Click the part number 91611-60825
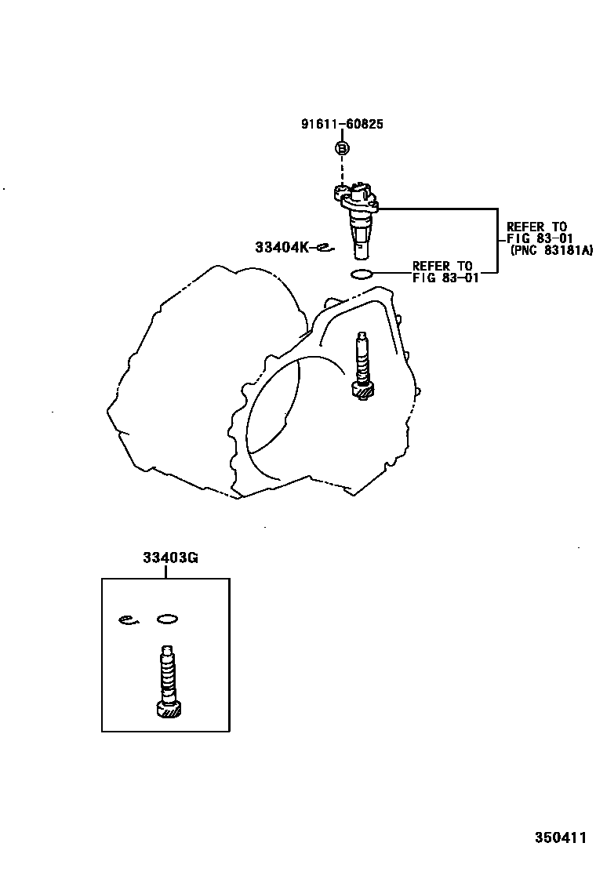[343, 125]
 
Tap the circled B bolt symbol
[343, 148]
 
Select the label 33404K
[282, 247]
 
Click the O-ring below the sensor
[361, 274]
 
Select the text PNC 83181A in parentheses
[551, 250]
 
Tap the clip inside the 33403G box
[129, 619]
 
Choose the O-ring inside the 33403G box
[167, 619]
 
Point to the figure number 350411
[561, 837]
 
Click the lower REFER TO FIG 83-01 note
[443, 271]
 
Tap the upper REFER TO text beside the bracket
[536, 227]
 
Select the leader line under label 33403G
[166, 572]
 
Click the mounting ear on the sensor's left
[340, 191]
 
